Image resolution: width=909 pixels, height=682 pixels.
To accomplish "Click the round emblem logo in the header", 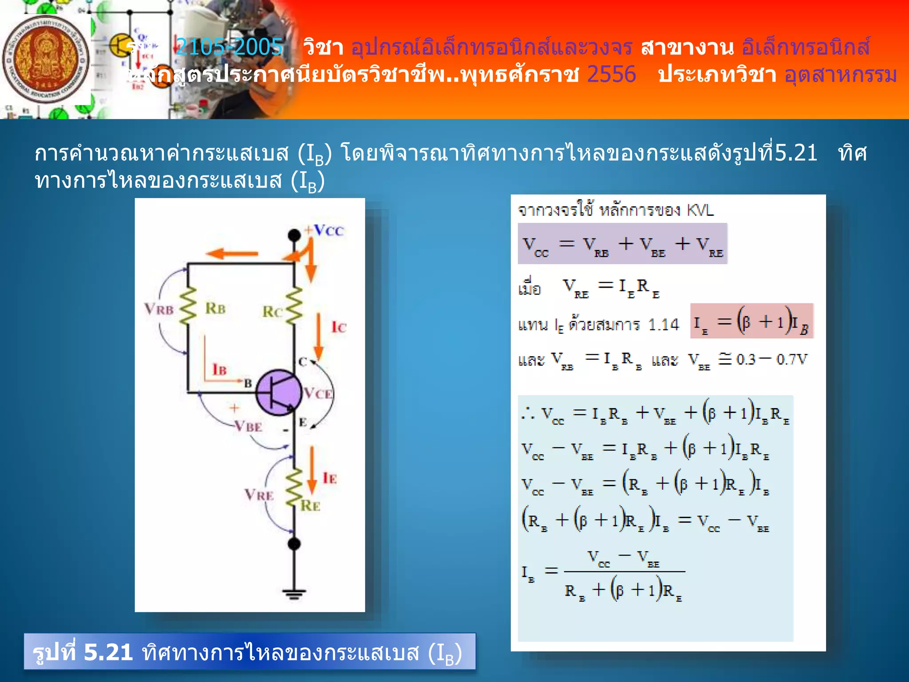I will point(45,60).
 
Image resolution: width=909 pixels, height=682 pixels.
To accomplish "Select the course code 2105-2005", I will point(229,47).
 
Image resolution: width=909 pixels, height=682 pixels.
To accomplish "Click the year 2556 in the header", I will point(611,74).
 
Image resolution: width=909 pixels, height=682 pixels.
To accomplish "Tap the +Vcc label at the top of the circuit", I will point(324,230).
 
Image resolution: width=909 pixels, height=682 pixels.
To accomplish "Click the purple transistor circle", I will point(278,393).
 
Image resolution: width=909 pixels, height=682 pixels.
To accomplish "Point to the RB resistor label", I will point(215,308).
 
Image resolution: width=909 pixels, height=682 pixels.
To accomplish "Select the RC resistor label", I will point(272,312).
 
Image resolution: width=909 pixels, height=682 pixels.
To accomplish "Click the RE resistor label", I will point(310,506).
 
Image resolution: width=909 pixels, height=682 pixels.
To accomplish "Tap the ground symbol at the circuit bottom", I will point(294,593).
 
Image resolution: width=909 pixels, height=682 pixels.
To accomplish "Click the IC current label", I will point(339,328).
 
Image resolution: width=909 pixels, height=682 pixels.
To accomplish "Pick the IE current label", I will point(330,478).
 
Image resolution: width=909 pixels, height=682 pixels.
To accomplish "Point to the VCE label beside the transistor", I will point(318,393).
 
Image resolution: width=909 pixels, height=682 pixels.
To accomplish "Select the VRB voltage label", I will point(158,309).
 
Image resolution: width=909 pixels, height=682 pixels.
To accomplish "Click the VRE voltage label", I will point(259,495).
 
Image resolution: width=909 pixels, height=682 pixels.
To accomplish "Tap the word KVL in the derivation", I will point(700,210).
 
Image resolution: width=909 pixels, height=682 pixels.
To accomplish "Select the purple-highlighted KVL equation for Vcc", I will point(622,244).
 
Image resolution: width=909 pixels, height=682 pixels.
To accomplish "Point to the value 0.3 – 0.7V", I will point(771,359).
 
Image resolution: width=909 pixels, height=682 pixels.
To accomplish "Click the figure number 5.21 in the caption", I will point(108,652).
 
